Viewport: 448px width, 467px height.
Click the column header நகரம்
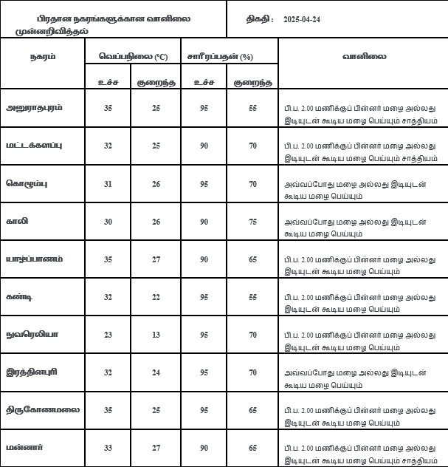[42, 55]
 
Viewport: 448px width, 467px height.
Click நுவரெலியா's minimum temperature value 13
[156, 334]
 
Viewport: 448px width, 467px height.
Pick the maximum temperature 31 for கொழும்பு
[108, 183]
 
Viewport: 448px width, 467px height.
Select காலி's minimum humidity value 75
[252, 221]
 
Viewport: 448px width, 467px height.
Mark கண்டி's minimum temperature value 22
[156, 296]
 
